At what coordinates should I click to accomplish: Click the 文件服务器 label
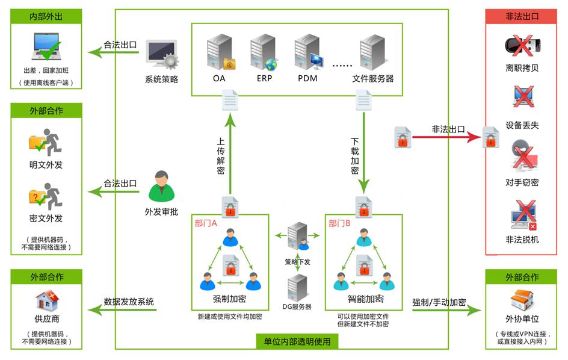(x=373, y=78)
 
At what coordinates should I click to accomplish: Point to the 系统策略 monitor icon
(x=161, y=56)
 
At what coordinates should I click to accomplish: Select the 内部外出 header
(x=46, y=16)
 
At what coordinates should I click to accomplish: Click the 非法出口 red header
(x=522, y=16)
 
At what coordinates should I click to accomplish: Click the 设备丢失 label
(x=522, y=125)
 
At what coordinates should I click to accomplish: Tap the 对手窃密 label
(x=522, y=182)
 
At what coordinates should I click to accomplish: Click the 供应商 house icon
(x=46, y=300)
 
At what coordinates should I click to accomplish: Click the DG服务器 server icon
(x=297, y=287)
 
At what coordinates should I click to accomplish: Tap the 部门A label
(x=206, y=223)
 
